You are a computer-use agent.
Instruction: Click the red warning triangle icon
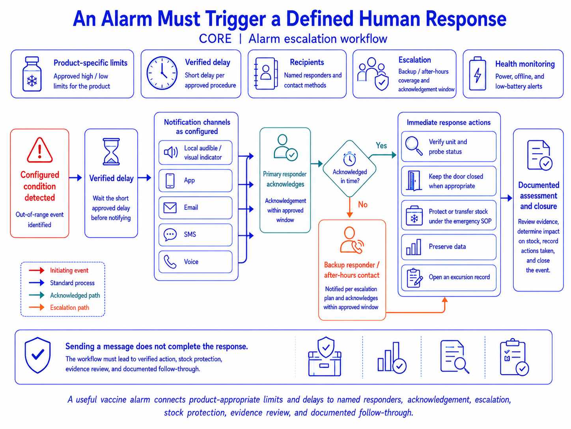coord(39,150)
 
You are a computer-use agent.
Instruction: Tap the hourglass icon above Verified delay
coord(111,152)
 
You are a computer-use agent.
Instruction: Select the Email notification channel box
coord(195,208)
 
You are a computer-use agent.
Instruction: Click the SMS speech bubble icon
coord(170,234)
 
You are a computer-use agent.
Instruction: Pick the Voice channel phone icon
coord(170,262)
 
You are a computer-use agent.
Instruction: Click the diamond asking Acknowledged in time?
coord(350,169)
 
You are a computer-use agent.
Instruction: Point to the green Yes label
coord(381,145)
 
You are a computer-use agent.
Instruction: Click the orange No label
coord(363,205)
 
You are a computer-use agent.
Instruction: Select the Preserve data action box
coord(449,247)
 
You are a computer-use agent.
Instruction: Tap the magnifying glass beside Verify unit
coord(414,146)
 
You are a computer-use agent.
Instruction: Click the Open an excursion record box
coord(449,278)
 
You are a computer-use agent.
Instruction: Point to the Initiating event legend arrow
coord(36,270)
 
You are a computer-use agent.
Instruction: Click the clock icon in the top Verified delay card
coord(162,73)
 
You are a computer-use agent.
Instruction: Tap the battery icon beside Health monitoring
coord(478,74)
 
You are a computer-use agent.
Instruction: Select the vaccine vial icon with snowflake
coord(32,74)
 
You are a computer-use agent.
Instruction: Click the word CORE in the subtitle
coord(215,39)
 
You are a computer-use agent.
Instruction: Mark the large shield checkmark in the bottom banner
coord(37,355)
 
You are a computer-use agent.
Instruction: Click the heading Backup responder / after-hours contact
coord(352,270)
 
